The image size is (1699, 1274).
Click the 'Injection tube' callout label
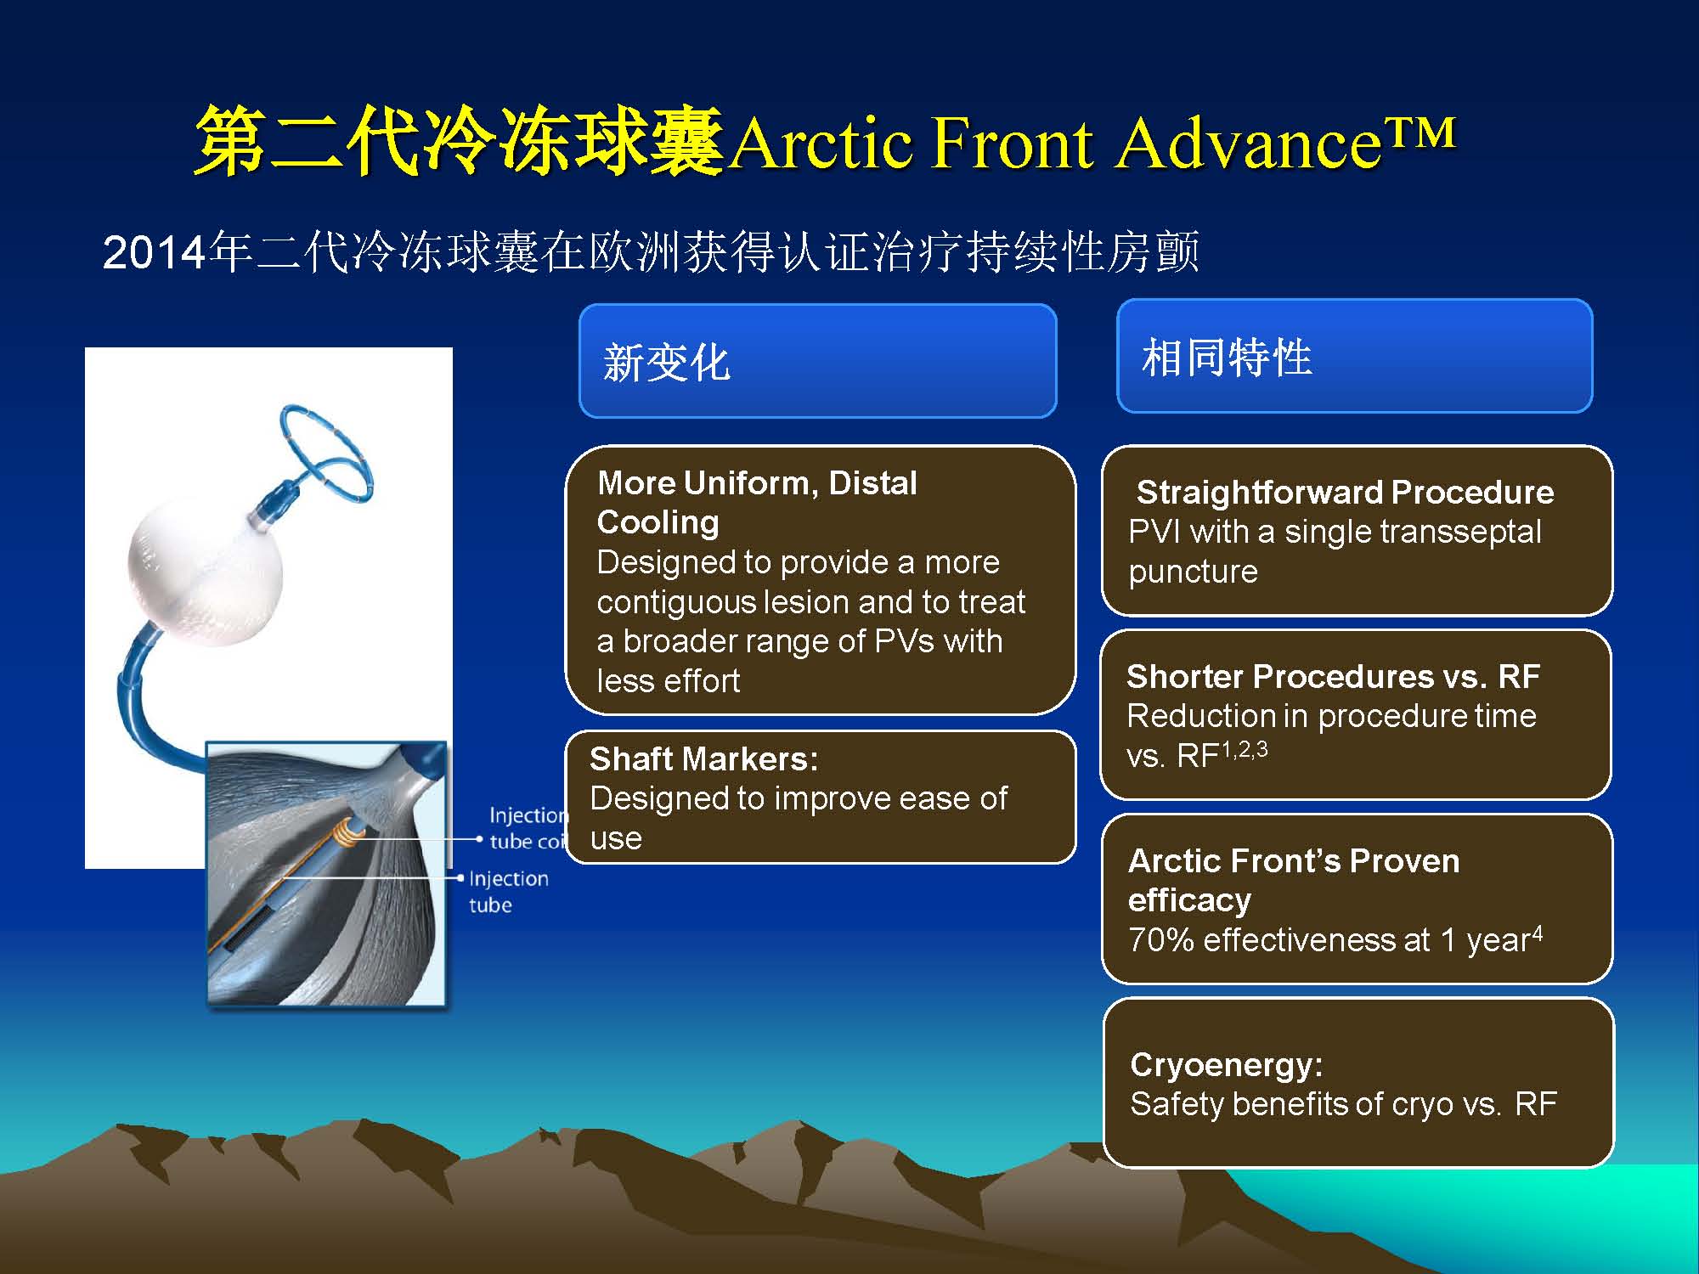pos(508,891)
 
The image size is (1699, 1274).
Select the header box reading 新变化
pos(817,361)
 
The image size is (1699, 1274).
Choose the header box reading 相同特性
pos(1354,356)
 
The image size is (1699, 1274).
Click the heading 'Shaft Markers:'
pos(703,758)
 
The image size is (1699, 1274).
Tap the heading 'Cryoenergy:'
pos(1226,1064)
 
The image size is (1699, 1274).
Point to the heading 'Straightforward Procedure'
pos(1345,492)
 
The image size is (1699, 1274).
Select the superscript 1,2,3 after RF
pos(1245,748)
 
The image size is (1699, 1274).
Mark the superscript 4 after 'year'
pos(1537,933)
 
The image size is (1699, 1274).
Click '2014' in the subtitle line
pos(155,252)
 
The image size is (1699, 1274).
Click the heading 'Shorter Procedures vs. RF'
pos(1333,676)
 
